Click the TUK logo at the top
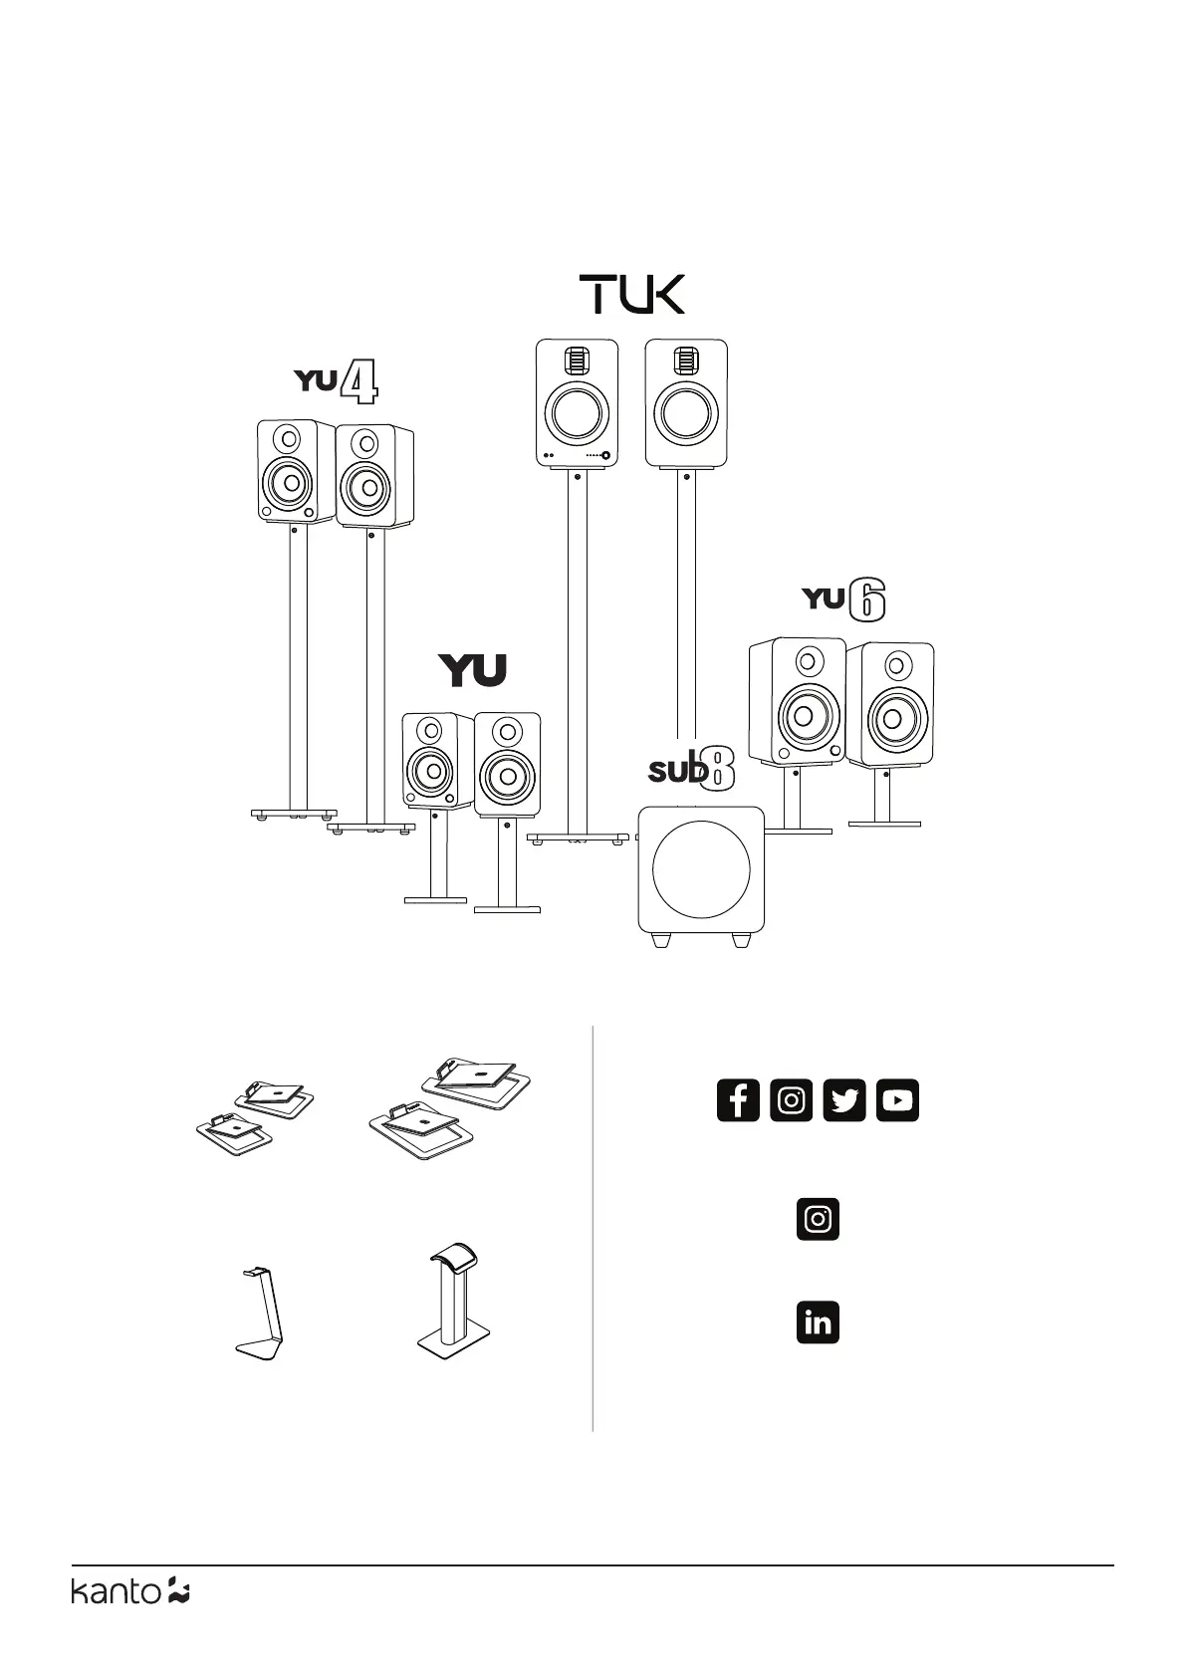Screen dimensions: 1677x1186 tap(632, 295)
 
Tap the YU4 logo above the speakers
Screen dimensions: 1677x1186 tap(336, 383)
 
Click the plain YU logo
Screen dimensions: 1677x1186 tap(473, 670)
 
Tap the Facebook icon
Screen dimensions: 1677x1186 tap(738, 1100)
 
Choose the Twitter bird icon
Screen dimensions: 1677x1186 tap(844, 1100)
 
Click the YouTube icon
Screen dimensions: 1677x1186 tap(897, 1100)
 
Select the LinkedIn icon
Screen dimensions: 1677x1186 tap(818, 1322)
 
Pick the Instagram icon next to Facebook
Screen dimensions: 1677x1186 tap(792, 1100)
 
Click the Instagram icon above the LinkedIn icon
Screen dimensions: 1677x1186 tap(818, 1219)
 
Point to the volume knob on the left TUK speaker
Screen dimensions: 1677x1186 tap(605, 456)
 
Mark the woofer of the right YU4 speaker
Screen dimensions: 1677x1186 tap(368, 487)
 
